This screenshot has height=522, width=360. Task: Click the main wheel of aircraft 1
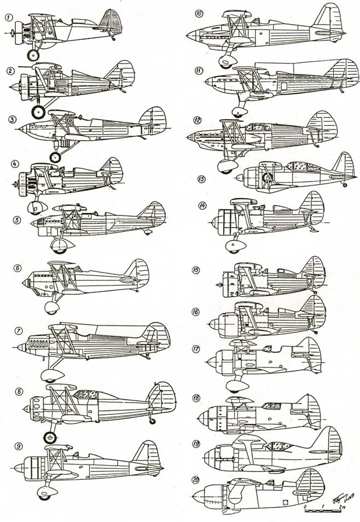[x=33, y=55]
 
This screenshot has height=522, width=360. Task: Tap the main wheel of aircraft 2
[x=37, y=112]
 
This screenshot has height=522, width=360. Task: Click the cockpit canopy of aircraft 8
[x=85, y=395]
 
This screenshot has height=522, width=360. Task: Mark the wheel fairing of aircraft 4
[x=38, y=207]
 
